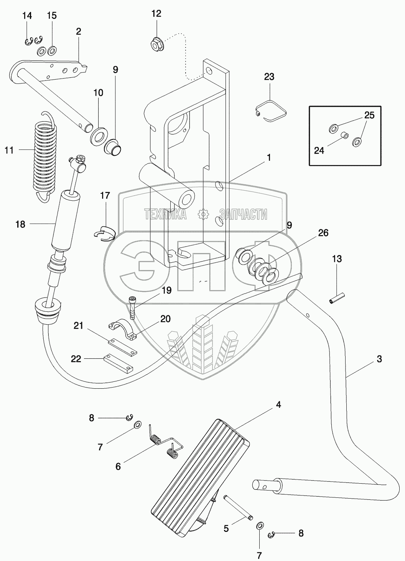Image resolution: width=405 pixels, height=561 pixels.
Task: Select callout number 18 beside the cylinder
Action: tap(20, 224)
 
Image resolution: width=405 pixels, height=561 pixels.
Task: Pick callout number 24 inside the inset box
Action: tap(319, 150)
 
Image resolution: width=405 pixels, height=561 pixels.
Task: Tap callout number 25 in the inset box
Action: tap(369, 115)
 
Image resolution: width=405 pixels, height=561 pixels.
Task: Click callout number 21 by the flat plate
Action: tap(79, 326)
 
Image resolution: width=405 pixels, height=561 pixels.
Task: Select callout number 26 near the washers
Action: tap(323, 233)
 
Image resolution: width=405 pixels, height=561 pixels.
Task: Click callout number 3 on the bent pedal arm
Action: tap(379, 359)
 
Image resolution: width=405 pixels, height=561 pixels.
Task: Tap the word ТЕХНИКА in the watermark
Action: tap(165, 214)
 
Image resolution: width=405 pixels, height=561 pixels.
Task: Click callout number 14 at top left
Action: tap(27, 16)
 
